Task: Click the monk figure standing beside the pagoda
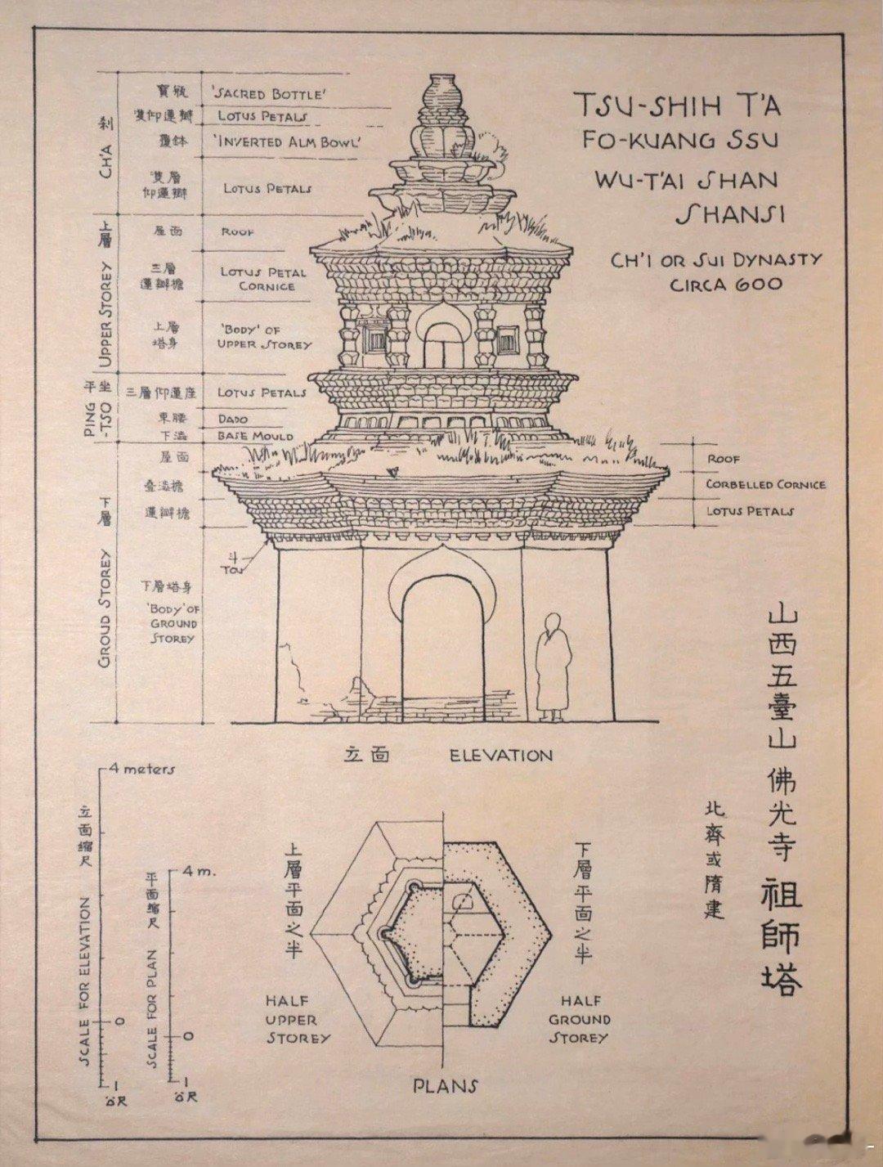[x=554, y=667]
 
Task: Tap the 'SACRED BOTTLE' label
[x=269, y=94]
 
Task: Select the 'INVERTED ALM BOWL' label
[x=288, y=141]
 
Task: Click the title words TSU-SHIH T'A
[x=677, y=105]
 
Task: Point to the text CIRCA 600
[x=726, y=285]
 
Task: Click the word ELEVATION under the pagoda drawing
[x=501, y=756]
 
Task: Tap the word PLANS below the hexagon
[x=445, y=1086]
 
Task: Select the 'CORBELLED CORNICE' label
[x=765, y=484]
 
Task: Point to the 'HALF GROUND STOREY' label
[x=579, y=1019]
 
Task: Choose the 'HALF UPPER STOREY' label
[x=297, y=1019]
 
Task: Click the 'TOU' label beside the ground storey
[x=233, y=568]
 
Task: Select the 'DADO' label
[x=232, y=419]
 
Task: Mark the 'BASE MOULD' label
[x=254, y=436]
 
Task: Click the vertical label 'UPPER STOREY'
[x=105, y=315]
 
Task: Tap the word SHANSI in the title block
[x=729, y=215]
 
